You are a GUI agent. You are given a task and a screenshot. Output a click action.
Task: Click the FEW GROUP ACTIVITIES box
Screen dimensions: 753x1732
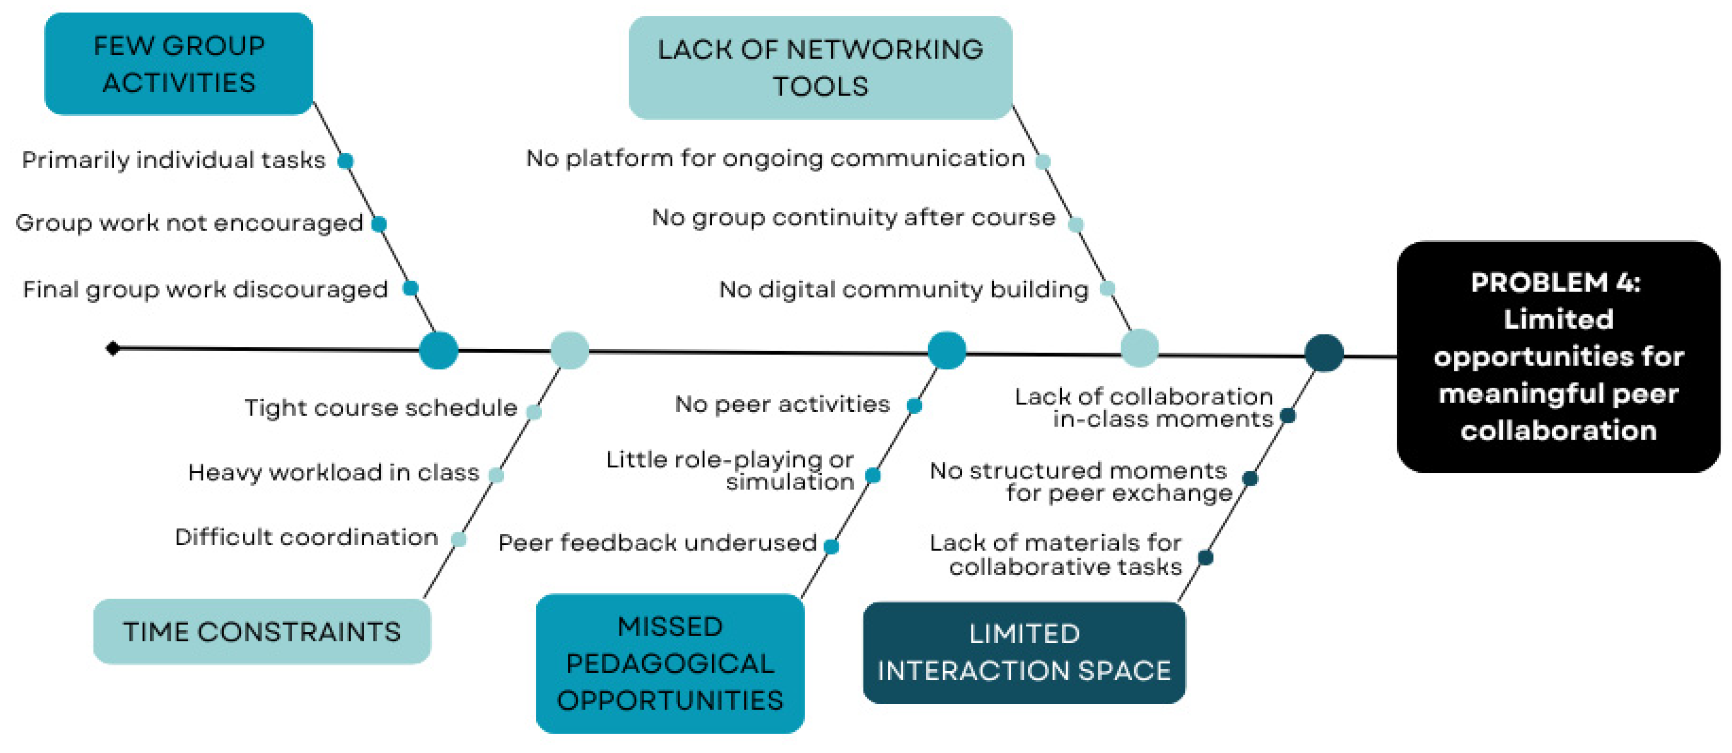pos(178,64)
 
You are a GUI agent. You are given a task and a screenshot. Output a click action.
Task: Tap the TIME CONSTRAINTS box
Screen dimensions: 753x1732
pos(261,631)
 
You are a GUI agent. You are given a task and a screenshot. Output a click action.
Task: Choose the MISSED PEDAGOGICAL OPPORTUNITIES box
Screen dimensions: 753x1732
pos(670,663)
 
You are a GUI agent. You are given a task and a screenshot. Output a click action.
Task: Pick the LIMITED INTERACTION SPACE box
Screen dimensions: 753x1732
pos(1023,652)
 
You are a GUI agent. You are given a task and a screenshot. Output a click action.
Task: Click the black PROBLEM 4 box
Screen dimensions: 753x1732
pos(1558,357)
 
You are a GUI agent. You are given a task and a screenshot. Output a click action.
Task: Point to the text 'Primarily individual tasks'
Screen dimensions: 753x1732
pos(173,160)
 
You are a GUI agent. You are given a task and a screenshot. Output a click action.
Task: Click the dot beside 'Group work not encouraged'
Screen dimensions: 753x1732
pos(379,223)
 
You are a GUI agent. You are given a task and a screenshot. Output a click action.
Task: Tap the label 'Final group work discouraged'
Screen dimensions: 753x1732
pos(205,289)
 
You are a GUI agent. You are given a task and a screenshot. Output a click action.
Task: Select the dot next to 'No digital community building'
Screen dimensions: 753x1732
pos(1107,289)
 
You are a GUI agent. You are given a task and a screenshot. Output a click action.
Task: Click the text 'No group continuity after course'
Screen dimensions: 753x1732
pos(853,217)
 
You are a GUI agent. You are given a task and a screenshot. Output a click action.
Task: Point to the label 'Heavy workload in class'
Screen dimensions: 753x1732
pos(333,473)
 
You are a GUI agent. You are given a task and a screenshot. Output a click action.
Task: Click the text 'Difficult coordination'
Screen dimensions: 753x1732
pos(306,537)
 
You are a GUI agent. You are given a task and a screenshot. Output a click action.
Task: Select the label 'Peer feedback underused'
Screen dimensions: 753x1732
pos(657,543)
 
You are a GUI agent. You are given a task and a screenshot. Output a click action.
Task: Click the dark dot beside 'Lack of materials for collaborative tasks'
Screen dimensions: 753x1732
pos(1206,557)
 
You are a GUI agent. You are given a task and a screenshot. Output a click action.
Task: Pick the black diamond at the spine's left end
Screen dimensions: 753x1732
pos(113,348)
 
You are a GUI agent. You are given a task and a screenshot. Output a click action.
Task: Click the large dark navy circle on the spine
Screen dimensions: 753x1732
pos(1323,353)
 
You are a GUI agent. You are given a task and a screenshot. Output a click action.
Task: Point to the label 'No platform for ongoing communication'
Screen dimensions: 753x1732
pos(775,159)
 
